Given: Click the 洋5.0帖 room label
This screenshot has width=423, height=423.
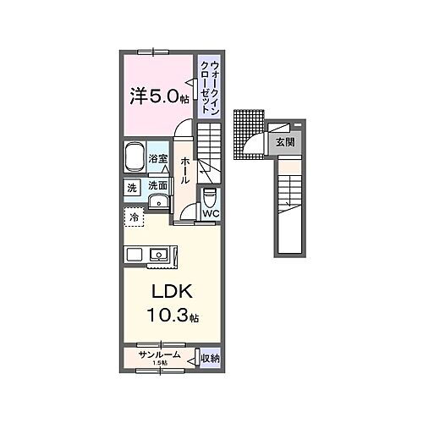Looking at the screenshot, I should click(x=158, y=96).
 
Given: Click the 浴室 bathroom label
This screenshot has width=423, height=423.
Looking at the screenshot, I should click(x=158, y=158).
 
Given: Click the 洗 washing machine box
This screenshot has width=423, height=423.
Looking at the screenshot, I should click(x=133, y=187).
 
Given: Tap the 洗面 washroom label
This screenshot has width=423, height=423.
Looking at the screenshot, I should click(x=157, y=187).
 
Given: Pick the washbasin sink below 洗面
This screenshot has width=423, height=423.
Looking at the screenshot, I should click(x=158, y=201).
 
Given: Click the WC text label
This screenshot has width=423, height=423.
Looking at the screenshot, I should click(x=211, y=213).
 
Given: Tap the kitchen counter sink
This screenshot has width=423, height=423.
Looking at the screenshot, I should click(x=157, y=252).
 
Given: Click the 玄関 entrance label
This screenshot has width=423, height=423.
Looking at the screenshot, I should click(x=284, y=142).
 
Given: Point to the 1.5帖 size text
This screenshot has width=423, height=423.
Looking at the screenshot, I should click(x=159, y=365).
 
